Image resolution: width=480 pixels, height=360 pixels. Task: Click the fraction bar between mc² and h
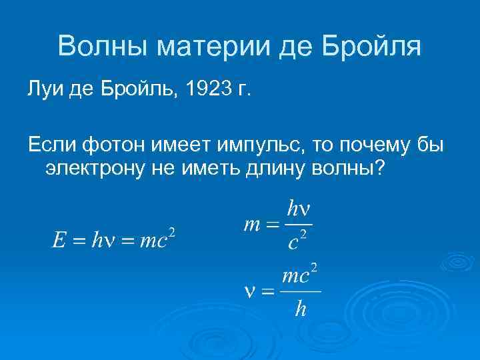pyautogui.click(x=301, y=291)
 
